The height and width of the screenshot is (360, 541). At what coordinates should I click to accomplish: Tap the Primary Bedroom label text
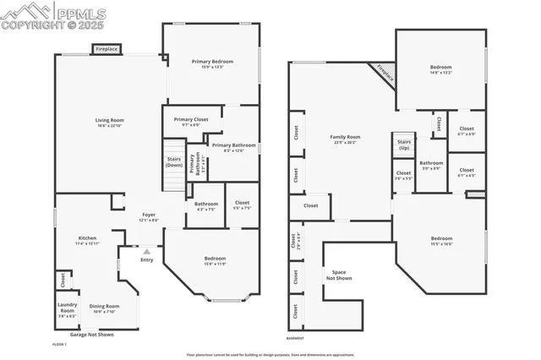(x=211, y=61)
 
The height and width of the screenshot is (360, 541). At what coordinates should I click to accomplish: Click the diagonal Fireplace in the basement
(x=385, y=73)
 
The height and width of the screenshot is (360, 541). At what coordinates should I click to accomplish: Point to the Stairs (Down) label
(x=174, y=161)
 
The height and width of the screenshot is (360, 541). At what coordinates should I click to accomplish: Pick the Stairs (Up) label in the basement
(x=404, y=145)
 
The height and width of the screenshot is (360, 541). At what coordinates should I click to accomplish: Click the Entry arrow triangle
(x=147, y=251)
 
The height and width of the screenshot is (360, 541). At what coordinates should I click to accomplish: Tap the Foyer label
(x=147, y=215)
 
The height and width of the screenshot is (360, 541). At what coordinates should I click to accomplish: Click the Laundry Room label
(x=67, y=308)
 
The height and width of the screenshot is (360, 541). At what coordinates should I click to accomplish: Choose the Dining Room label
(x=105, y=306)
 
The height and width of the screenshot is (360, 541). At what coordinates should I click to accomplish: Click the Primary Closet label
(x=190, y=120)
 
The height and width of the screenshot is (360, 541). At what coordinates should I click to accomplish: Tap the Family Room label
(x=345, y=137)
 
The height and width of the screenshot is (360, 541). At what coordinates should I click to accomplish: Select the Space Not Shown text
(x=339, y=275)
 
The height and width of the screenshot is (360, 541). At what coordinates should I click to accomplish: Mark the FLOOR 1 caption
(x=60, y=345)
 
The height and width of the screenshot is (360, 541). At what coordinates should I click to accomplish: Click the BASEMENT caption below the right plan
(x=295, y=338)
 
